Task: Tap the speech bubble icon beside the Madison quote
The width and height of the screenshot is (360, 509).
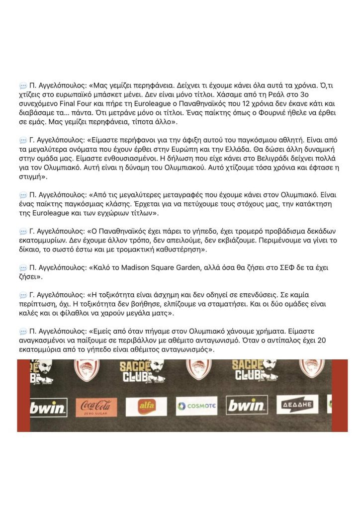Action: (23, 268)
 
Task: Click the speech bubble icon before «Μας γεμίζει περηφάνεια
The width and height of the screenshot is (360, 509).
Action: (23, 86)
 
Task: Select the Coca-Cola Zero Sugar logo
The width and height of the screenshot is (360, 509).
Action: (96, 406)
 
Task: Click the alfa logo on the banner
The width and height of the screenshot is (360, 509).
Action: (146, 406)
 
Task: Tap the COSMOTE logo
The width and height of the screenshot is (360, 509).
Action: (196, 406)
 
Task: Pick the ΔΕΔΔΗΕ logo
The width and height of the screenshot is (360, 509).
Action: (297, 405)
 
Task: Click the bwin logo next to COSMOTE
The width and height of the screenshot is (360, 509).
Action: (247, 406)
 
